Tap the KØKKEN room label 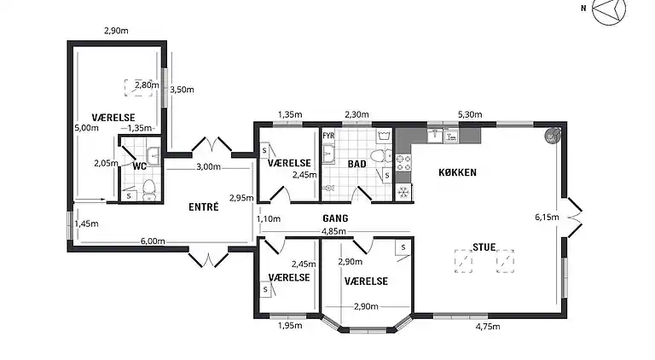click(x=457, y=172)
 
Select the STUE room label click(x=484, y=247)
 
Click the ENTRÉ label click(x=204, y=207)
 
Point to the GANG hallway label click(x=335, y=218)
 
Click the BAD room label click(x=357, y=164)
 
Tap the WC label click(x=140, y=166)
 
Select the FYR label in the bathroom click(x=328, y=136)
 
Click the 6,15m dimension click(x=547, y=217)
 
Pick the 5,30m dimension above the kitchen click(x=470, y=114)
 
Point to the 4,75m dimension click(x=488, y=326)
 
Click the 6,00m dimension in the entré click(x=153, y=241)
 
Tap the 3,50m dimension click(x=182, y=90)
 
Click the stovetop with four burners click(x=403, y=162)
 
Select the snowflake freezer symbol click(x=403, y=193)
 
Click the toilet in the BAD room click(x=381, y=156)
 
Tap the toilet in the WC click(x=148, y=189)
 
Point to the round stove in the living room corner click(x=552, y=136)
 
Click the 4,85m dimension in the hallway click(x=333, y=231)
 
